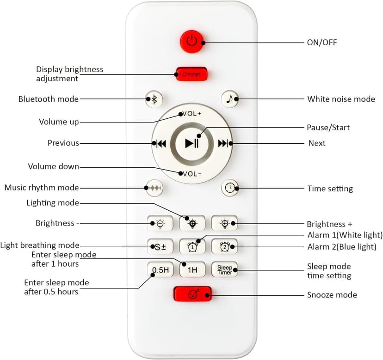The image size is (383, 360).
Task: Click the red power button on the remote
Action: coord(192,42)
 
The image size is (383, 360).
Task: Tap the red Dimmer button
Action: coord(191,74)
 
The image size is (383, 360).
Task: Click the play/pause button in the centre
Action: coord(191,143)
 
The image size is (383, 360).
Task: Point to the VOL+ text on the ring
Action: coord(191,114)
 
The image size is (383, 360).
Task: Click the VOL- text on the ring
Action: coord(191,174)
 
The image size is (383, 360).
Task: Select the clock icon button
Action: coord(229,188)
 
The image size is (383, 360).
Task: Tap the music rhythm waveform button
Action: coord(154,188)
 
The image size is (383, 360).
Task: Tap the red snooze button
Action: coord(192,294)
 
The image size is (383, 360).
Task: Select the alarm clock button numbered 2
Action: coord(224,246)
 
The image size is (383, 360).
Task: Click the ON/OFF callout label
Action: coord(322,43)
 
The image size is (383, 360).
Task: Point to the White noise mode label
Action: coord(341,99)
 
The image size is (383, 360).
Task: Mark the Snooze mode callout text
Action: coord(332,295)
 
